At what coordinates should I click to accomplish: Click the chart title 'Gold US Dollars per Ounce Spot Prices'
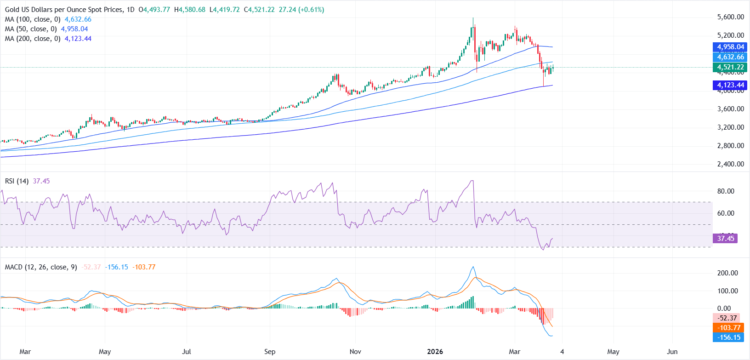pyautogui.click(x=64, y=10)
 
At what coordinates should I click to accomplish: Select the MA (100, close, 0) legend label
pyautogui.click(x=33, y=19)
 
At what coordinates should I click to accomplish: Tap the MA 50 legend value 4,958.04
pyautogui.click(x=74, y=29)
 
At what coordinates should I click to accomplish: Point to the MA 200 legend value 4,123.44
pyautogui.click(x=78, y=39)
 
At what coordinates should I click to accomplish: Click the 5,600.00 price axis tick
pyautogui.click(x=730, y=17)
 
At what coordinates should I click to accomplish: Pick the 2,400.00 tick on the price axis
pyautogui.click(x=730, y=164)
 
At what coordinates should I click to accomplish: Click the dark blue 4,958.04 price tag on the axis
pyautogui.click(x=730, y=47)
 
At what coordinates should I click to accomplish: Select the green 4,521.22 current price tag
pyautogui.click(x=730, y=67)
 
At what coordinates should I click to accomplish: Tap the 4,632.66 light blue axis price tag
pyautogui.click(x=730, y=57)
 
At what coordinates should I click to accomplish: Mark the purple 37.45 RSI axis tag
pyautogui.click(x=725, y=239)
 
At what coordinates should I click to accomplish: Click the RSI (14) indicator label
pyautogui.click(x=17, y=181)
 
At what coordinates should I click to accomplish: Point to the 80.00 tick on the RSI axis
pyautogui.click(x=726, y=191)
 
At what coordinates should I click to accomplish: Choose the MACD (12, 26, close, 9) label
pyautogui.click(x=41, y=267)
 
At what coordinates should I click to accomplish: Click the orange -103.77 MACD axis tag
pyautogui.click(x=728, y=328)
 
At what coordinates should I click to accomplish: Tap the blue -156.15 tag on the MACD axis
pyautogui.click(x=728, y=337)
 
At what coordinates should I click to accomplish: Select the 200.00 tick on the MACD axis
pyautogui.click(x=727, y=273)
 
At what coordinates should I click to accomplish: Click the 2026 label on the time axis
pyautogui.click(x=435, y=352)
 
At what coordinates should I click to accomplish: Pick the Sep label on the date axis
pyautogui.click(x=270, y=352)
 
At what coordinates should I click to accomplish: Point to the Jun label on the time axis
pyautogui.click(x=672, y=352)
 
